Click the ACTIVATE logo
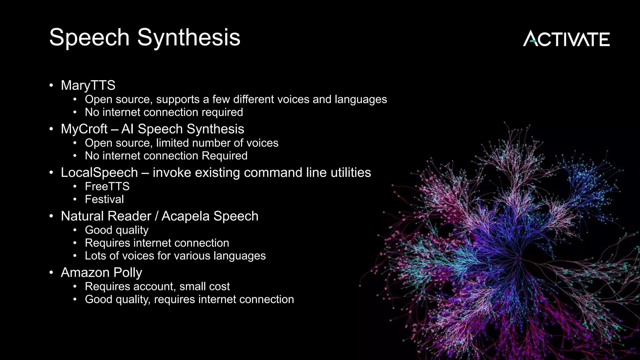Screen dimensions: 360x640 [x=566, y=39]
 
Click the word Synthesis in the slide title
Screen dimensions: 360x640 [x=189, y=37]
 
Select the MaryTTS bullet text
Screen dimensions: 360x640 [x=88, y=85]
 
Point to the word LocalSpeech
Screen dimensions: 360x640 [x=99, y=172]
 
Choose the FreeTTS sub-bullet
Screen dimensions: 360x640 [x=107, y=187]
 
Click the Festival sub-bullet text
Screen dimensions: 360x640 [x=104, y=199]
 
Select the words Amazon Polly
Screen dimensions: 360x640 [x=102, y=272]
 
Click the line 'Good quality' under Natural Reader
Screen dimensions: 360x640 [x=117, y=230]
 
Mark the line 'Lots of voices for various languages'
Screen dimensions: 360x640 [x=175, y=256]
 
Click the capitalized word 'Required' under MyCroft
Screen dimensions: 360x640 [x=224, y=156]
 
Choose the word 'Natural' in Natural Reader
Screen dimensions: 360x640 [x=82, y=216]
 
